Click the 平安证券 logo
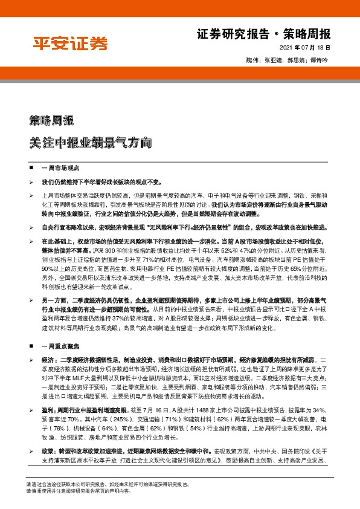[x=69, y=44]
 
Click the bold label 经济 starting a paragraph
[x=47, y=360]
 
